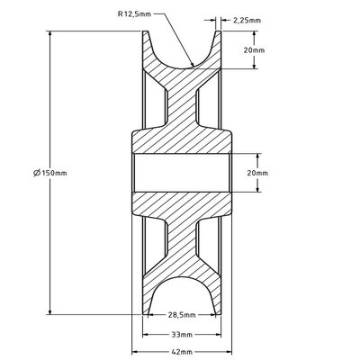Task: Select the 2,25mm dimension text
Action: [247, 17]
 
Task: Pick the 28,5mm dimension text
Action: [184, 316]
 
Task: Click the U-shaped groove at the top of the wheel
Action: [184, 45]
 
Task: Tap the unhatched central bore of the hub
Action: [184, 172]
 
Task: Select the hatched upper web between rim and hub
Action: [184, 99]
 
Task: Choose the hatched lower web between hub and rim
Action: [184, 243]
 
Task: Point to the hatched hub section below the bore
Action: [184, 204]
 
